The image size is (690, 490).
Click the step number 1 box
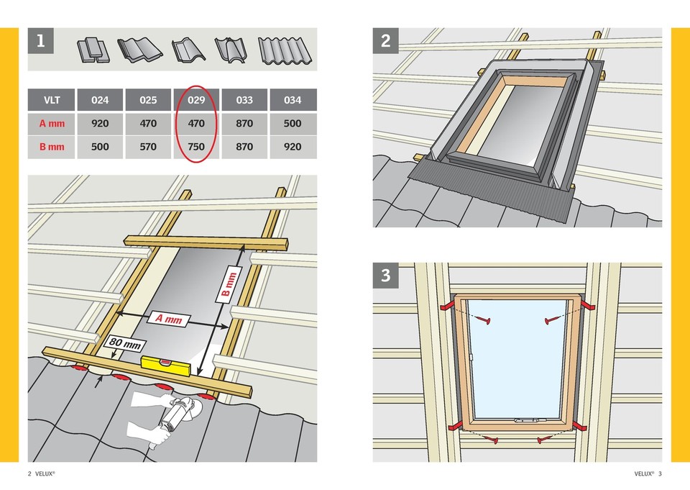pos(41,42)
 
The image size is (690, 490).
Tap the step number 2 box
pos(386,42)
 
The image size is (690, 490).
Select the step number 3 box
pos(386,276)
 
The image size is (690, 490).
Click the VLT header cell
pos(52,101)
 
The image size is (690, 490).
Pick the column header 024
pos(101,101)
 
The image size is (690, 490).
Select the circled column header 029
pos(196,101)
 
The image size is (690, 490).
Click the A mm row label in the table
pos(52,124)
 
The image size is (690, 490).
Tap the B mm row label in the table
pos(52,147)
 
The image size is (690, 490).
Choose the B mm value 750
pos(196,147)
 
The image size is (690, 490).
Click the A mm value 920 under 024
pos(101,124)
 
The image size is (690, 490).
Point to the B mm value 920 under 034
pos(293,147)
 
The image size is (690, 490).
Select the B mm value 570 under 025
pos(148,147)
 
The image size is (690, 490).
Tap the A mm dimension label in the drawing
pos(169,319)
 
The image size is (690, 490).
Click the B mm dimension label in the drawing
pos(229,285)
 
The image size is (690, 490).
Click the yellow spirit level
pos(166,366)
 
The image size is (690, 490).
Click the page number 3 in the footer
pos(660,474)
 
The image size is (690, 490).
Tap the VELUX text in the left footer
pos(45,474)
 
